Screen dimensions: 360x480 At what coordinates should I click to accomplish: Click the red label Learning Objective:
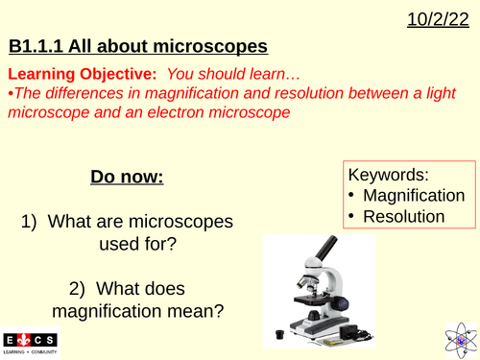coord(76,74)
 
